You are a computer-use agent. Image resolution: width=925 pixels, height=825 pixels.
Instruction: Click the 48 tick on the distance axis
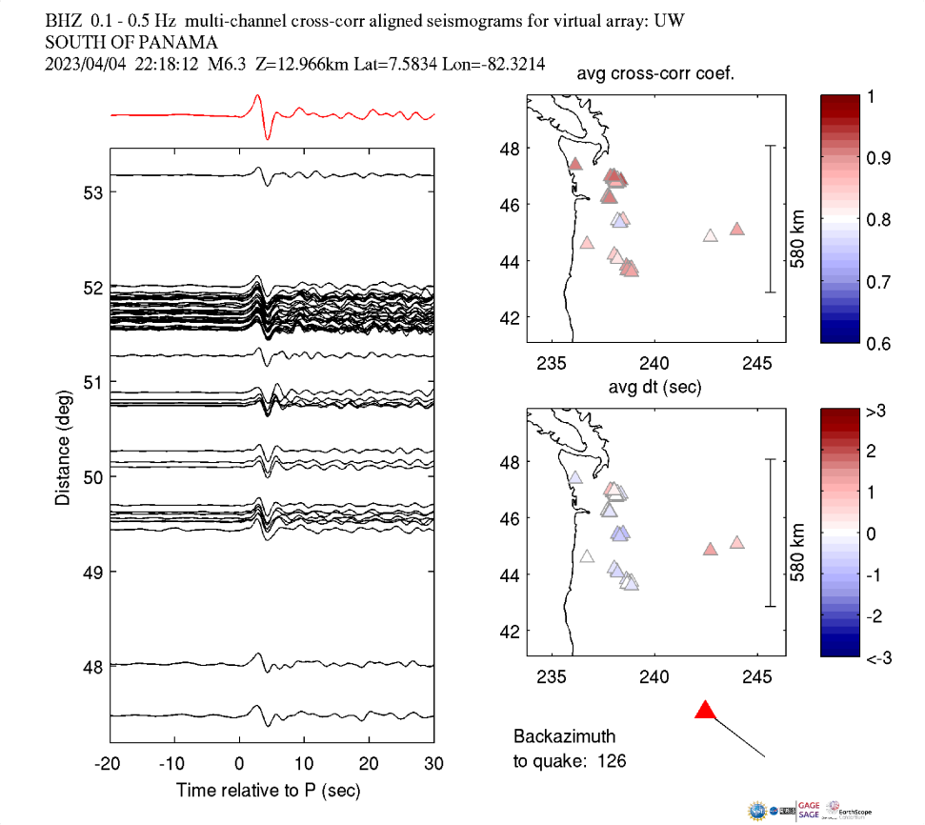coord(92,666)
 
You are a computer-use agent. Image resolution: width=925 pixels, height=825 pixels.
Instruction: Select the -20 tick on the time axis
coord(109,764)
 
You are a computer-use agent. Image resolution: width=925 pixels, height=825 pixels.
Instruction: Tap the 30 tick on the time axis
coord(433,764)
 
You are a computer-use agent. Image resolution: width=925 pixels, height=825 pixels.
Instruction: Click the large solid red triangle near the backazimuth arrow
coord(705,710)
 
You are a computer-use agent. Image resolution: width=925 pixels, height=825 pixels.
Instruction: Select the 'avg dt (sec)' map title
coord(655,388)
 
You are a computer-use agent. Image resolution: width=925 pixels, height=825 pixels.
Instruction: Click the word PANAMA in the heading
coord(182,42)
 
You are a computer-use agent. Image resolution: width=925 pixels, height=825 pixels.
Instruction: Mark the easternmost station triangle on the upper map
coord(737,229)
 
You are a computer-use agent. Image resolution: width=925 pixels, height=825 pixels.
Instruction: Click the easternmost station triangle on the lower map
coord(737,543)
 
